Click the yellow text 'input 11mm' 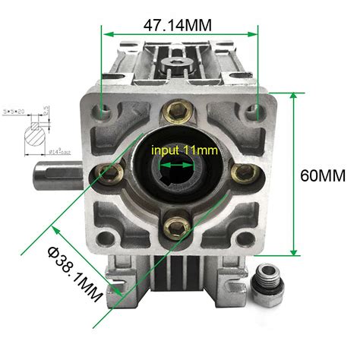point(185,150)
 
